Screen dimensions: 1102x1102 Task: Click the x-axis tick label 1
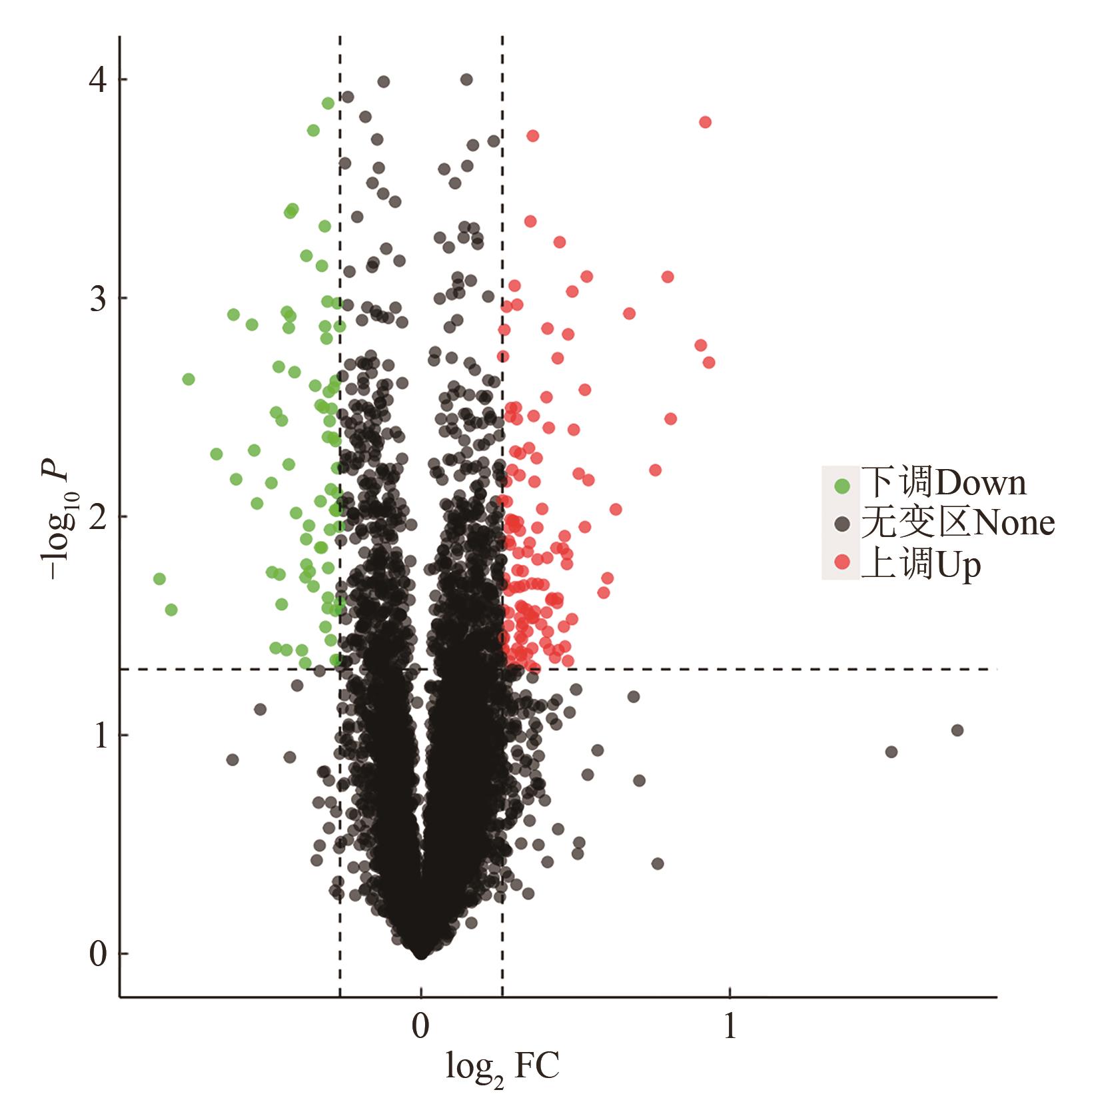pyautogui.click(x=730, y=1027)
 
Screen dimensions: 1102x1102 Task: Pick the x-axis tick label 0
pyautogui.click(x=420, y=1027)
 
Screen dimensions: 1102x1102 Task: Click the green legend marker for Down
pyautogui.click(x=843, y=484)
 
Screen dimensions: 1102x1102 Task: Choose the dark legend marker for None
pyautogui.click(x=843, y=523)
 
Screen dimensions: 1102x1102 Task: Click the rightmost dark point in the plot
pyautogui.click(x=957, y=730)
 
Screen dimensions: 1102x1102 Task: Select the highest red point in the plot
pyautogui.click(x=705, y=122)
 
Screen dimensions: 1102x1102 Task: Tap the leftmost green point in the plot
pyautogui.click(x=159, y=578)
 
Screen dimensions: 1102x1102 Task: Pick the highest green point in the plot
pyautogui.click(x=328, y=103)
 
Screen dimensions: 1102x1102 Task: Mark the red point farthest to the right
pyautogui.click(x=709, y=362)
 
